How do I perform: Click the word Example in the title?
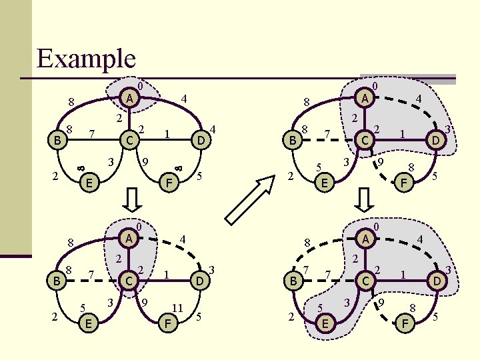point(86,58)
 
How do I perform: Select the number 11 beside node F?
point(177,307)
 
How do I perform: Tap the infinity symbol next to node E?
point(80,161)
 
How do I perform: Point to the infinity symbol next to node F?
point(178,161)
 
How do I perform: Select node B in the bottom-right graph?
point(292,281)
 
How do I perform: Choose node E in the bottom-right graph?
point(325,323)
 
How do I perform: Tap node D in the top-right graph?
point(435,140)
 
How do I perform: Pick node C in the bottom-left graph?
point(131,281)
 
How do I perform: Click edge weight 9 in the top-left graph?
point(146,161)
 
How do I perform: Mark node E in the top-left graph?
point(88,182)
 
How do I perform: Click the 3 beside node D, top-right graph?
point(449,129)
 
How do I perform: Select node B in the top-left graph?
point(58,141)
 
